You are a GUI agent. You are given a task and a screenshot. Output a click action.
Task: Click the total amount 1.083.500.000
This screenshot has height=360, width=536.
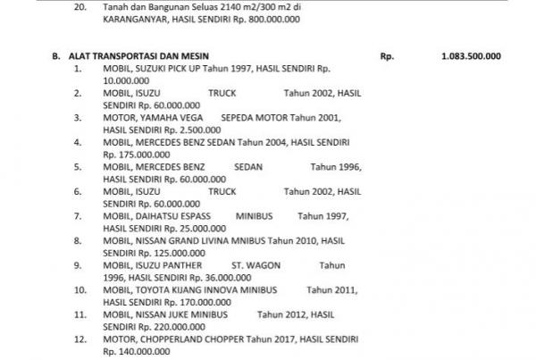tap(470, 55)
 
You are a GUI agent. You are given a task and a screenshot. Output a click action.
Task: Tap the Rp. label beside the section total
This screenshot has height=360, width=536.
tap(387, 55)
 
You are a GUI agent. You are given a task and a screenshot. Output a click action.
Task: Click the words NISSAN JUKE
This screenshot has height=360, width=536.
tap(166, 315)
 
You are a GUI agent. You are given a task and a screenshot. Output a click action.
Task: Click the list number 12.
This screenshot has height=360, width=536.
tap(80, 340)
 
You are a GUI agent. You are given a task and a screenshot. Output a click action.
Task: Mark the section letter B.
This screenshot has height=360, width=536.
tap(54, 55)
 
